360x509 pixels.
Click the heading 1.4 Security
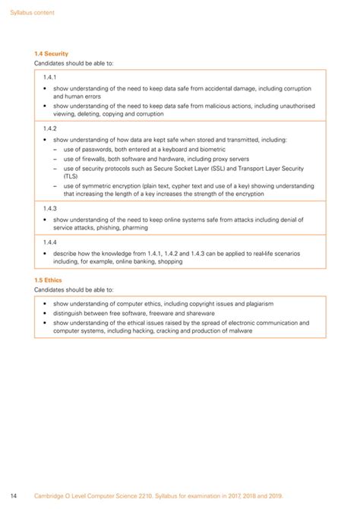[x=52, y=54]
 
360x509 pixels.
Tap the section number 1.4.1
[x=51, y=78]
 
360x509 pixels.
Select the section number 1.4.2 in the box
[x=51, y=128]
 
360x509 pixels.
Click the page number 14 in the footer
[x=14, y=495]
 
